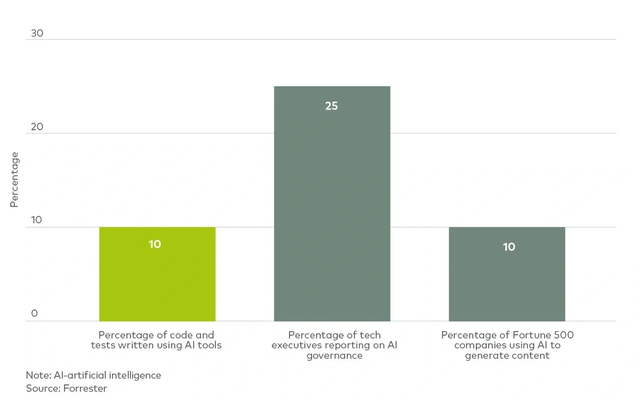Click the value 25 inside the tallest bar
[332, 106]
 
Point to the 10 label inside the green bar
[155, 244]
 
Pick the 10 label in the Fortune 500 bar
[509, 247]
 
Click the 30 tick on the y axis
[37, 33]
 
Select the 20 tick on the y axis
[37, 127]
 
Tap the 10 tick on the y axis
[37, 220]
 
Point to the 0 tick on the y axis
[34, 314]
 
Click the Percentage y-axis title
[14, 180]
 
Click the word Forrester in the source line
[86, 388]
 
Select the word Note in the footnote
[36, 375]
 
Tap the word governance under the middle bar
[334, 356]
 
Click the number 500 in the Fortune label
[563, 335]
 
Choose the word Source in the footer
[41, 388]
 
